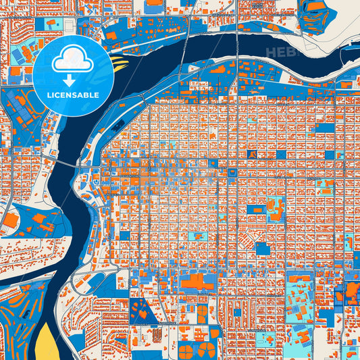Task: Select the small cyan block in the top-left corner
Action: tap(51, 24)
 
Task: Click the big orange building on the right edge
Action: tap(353, 290)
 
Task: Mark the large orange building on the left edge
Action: tap(10, 220)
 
